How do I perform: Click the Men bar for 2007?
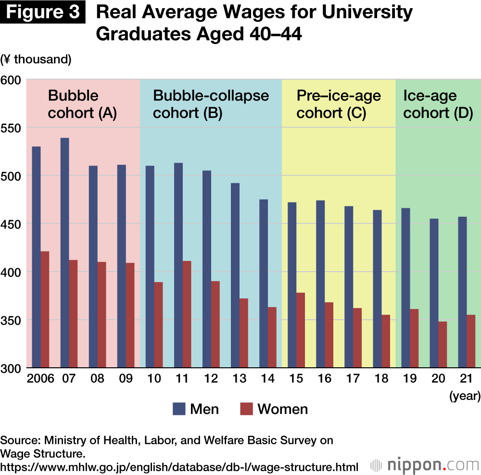coord(64,253)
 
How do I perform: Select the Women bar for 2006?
coord(45,310)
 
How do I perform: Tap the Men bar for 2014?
coord(264,284)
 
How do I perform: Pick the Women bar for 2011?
coord(187,314)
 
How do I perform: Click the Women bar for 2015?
coord(301,330)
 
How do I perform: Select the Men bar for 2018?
coord(377,289)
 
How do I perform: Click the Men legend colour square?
coord(178,409)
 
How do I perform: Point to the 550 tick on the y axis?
coord(13,128)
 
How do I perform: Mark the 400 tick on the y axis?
coord(13,272)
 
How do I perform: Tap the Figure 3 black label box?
coord(45,12)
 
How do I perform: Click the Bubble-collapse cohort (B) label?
coord(211,104)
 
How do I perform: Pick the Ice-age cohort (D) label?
coord(438,104)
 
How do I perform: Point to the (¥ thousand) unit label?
coord(36,59)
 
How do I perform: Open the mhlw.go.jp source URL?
coord(179,466)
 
